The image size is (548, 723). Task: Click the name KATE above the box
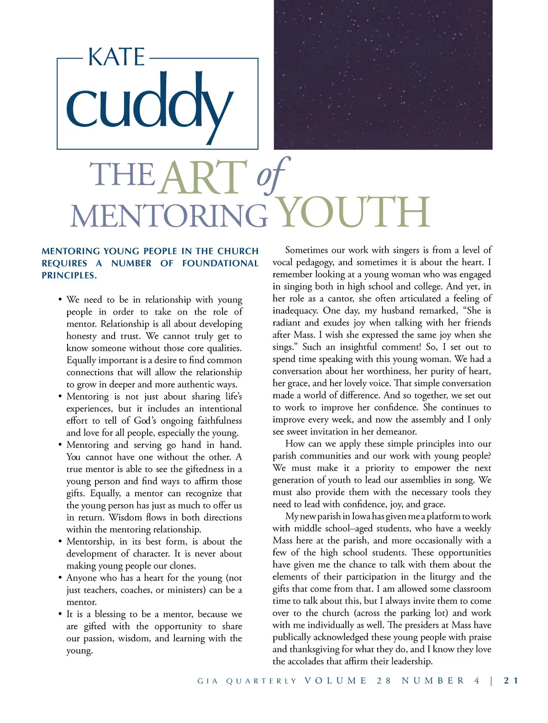pos(116,58)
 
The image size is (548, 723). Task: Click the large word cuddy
pos(149,106)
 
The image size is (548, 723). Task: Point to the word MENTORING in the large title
pos(169,216)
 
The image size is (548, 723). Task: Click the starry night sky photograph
pos(383,74)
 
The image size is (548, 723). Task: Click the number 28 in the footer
pos(384,680)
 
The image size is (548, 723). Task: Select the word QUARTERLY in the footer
pos(261,681)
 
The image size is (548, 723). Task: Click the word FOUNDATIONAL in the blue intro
pos(220,263)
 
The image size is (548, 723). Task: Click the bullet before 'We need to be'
pos(60,300)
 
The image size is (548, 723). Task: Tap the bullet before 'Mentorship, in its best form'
pos(60,542)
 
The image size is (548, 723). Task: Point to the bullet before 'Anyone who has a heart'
pos(60,578)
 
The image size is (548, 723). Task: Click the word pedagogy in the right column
pos(313,262)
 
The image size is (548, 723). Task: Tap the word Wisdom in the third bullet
pos(126,517)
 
